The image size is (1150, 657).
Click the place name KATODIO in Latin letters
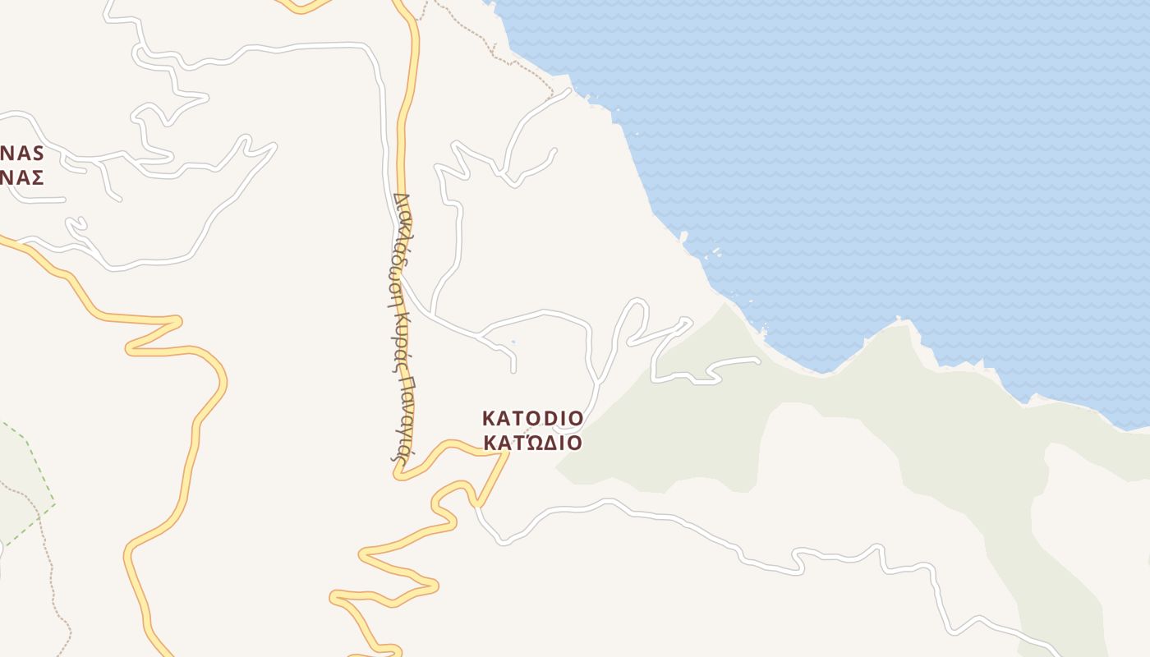pyautogui.click(x=532, y=418)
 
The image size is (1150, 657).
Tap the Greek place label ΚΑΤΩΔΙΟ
pyautogui.click(x=532, y=443)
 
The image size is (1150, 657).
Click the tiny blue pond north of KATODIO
pyautogui.click(x=513, y=342)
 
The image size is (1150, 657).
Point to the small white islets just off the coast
pyautogui.click(x=713, y=252)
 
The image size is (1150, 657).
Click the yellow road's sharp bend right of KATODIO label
pyautogui.click(x=507, y=453)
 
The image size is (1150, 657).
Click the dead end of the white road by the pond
pyautogui.click(x=513, y=371)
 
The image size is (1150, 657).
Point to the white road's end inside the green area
pyautogui.click(x=757, y=360)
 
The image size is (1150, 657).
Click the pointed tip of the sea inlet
pyautogui.click(x=822, y=371)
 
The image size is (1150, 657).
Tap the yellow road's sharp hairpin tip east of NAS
pyautogui.click(x=178, y=319)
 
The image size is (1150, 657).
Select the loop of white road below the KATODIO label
pyautogui.click(x=567, y=429)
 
